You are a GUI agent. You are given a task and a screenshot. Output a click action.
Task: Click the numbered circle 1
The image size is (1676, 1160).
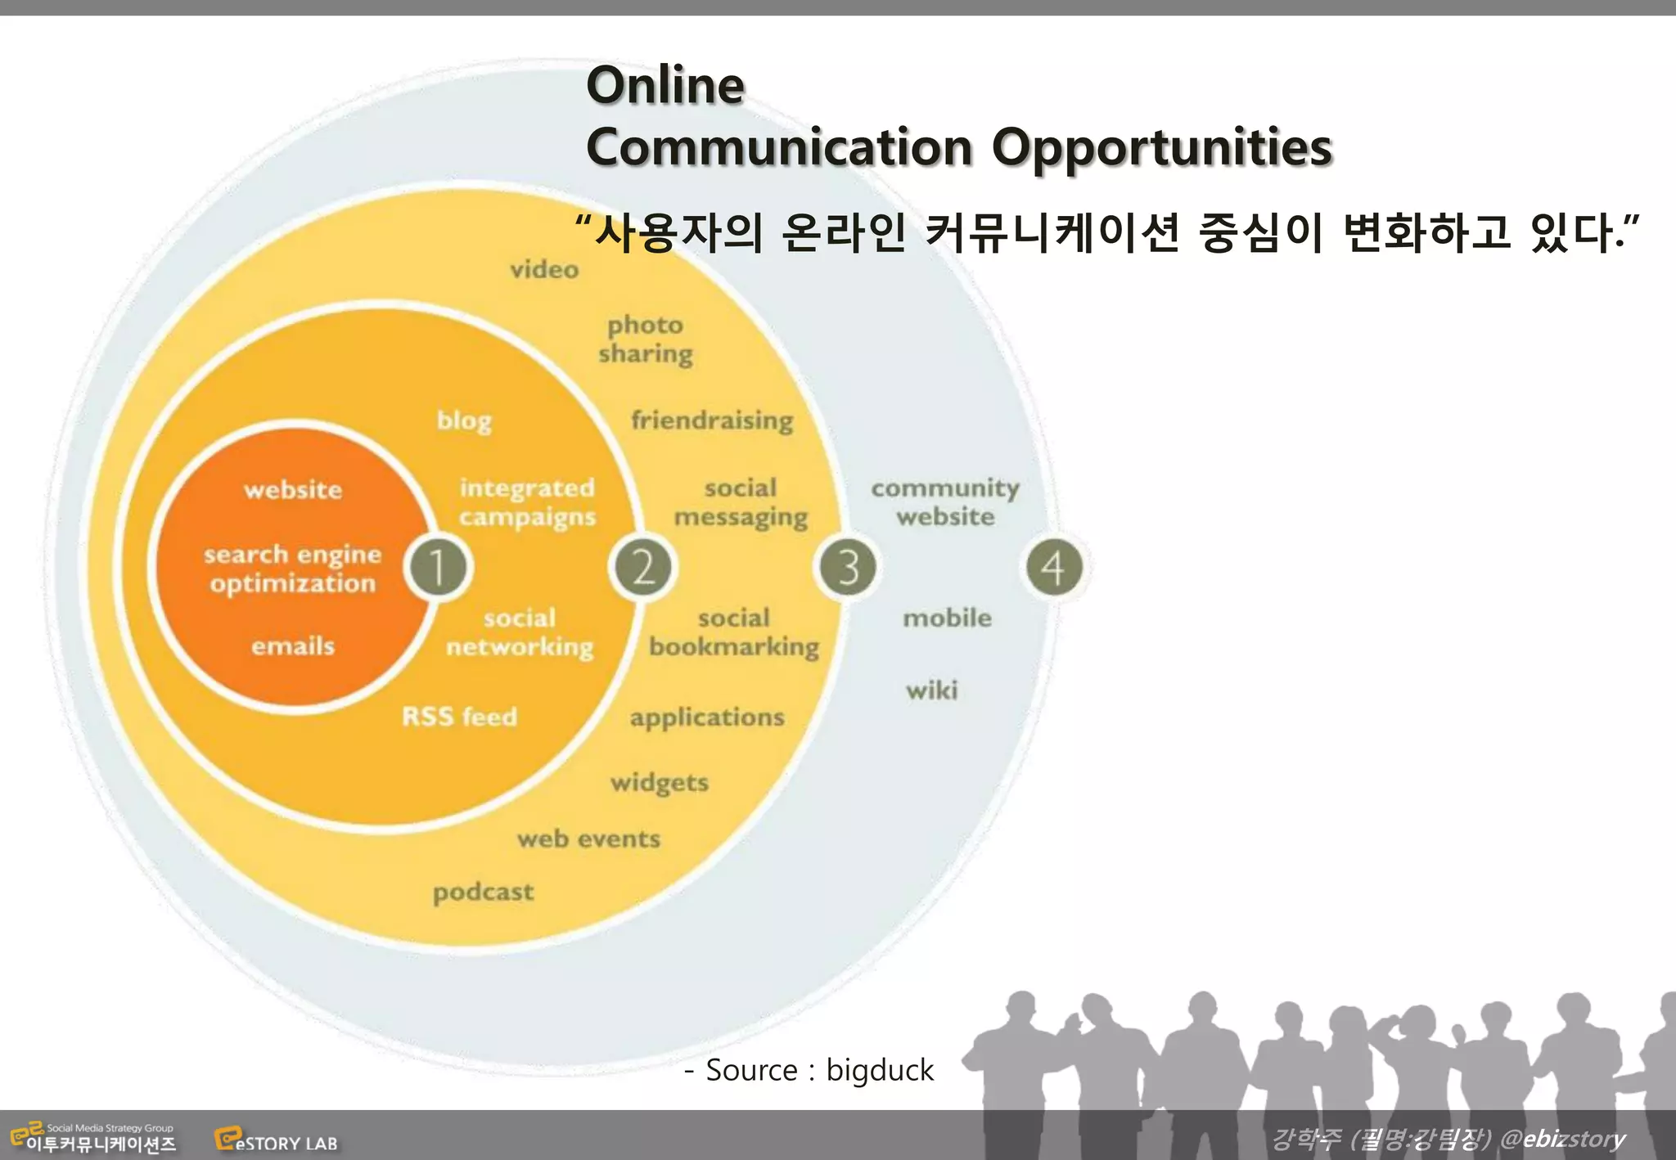[x=439, y=567]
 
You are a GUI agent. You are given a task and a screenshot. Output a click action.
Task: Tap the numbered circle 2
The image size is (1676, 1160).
[x=642, y=567]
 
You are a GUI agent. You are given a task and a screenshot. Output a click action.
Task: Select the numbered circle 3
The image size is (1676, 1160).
[x=848, y=567]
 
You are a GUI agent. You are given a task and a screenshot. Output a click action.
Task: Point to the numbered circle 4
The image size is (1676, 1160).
[x=1054, y=567]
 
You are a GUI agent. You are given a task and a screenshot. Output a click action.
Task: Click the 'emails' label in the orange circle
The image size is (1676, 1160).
[x=293, y=646]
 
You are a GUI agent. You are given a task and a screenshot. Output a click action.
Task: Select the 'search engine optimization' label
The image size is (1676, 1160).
[x=293, y=569]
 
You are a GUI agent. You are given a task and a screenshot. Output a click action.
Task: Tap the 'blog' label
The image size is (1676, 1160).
[x=464, y=420]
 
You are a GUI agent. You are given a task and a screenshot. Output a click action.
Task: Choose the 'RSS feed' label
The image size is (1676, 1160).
[x=459, y=717]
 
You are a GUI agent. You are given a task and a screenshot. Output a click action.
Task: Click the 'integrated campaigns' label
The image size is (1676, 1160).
[x=527, y=502]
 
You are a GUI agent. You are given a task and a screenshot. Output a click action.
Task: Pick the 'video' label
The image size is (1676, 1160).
[x=544, y=269]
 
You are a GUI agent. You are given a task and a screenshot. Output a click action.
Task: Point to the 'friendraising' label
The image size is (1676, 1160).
[x=712, y=420]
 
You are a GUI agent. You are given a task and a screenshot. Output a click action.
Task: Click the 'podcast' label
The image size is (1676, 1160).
[x=483, y=892]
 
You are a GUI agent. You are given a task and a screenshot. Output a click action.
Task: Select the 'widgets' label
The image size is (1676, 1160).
[x=660, y=783]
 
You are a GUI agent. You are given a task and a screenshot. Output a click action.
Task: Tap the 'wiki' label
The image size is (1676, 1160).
[x=931, y=690]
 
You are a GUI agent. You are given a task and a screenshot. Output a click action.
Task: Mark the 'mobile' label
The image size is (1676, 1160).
[x=947, y=618]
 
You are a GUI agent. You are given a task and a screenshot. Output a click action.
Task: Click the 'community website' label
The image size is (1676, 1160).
[x=945, y=502]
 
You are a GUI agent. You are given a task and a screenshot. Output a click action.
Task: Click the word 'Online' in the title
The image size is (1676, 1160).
[x=665, y=85]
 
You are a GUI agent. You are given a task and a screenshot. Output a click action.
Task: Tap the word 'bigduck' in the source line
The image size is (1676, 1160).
[x=880, y=1070]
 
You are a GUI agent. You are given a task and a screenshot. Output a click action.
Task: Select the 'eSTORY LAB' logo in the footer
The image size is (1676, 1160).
[x=277, y=1140]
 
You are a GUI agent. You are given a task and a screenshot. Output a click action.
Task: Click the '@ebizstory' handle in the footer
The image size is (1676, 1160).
[x=1563, y=1139]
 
